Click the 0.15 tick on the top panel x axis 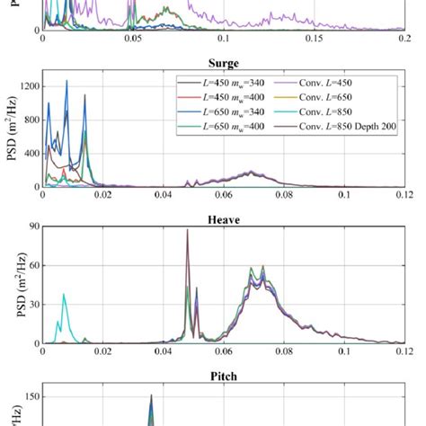pyautogui.click(x=314, y=40)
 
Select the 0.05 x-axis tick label pyautogui.click(x=133, y=40)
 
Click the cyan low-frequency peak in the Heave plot pyautogui.click(x=64, y=294)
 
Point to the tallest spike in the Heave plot pyautogui.click(x=187, y=230)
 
